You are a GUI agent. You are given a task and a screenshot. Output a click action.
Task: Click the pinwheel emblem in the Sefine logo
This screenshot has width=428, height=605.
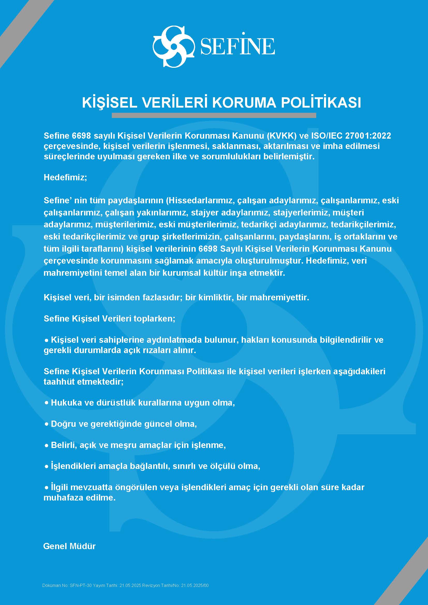point(173,46)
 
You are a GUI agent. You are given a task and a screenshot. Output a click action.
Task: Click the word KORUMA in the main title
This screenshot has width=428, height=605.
point(244,103)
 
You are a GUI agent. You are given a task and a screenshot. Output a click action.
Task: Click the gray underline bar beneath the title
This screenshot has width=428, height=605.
point(214,115)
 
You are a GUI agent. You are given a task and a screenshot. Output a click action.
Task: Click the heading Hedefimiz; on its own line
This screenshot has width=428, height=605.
point(65,177)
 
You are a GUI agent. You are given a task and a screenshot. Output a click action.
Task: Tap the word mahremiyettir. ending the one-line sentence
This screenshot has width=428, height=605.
point(279,297)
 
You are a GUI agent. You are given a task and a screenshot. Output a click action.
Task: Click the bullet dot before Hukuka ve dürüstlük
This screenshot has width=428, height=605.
point(47,403)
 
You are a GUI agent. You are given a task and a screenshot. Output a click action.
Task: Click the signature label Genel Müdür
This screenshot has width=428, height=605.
point(69,546)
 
